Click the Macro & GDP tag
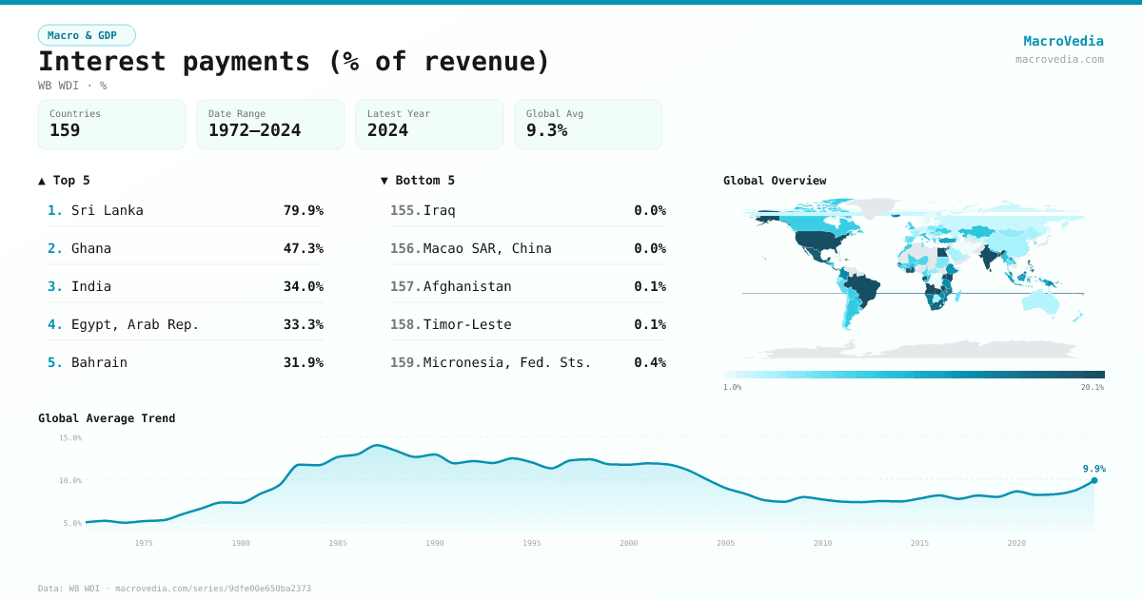[87, 35]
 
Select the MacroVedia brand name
[1063, 41]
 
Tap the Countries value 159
[65, 130]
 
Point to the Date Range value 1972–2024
[254, 130]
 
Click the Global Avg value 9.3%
[546, 130]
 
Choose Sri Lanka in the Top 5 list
[107, 210]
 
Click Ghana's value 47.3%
[303, 248]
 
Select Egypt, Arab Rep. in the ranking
[134, 324]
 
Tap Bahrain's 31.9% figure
[303, 362]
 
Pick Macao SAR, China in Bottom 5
[486, 248]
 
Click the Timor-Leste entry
[466, 324]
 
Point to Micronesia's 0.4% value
[649, 362]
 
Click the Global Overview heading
[775, 181]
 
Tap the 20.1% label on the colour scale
[1092, 387]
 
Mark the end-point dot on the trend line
[1093, 480]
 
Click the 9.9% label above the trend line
[1093, 468]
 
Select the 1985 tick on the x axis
[338, 543]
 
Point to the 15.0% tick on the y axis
[70, 438]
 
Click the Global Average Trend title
[107, 418]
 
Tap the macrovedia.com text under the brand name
[1059, 59]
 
